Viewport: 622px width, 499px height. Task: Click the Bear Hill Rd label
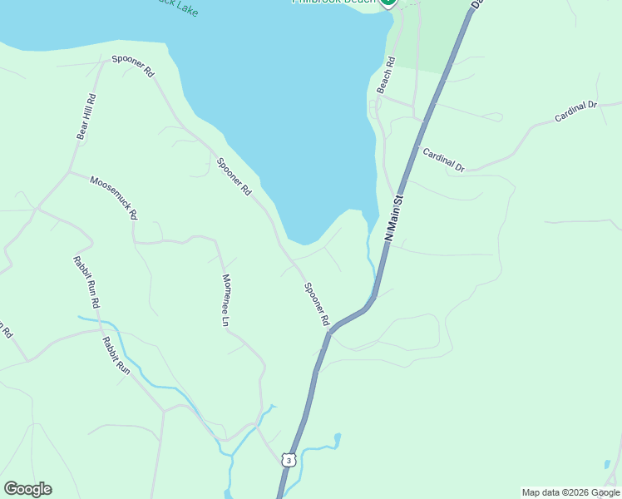coord(86,116)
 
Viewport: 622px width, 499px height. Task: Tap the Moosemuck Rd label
coord(113,197)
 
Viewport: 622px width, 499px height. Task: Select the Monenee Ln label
coord(225,299)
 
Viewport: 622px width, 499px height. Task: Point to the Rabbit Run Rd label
coord(86,282)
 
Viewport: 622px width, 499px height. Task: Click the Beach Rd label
coord(384,75)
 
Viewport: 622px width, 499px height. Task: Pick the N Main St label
coord(393,218)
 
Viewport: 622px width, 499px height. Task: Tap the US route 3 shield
coord(288,460)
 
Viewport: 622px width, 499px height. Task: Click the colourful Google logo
coord(27,489)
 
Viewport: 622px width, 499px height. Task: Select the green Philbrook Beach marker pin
coord(388,2)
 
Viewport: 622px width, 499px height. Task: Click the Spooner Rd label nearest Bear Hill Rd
coord(133,67)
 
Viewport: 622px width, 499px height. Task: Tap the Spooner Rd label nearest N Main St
coord(317,304)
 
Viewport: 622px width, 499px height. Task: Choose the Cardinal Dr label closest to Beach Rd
coord(443,160)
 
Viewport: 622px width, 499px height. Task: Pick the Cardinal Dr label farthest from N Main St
coord(576,111)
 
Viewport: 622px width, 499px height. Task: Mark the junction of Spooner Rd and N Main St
coord(330,333)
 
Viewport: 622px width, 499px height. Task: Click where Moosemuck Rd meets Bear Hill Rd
coord(70,173)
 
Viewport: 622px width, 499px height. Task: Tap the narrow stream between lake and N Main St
coord(370,249)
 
